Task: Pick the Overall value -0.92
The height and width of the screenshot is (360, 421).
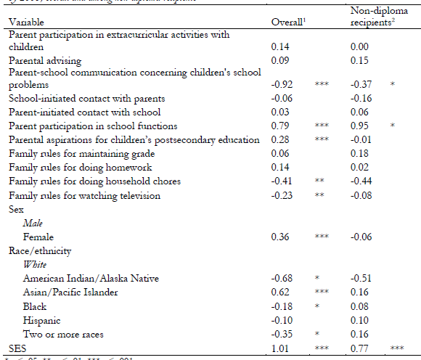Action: click(282, 84)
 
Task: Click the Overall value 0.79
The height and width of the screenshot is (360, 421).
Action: click(280, 126)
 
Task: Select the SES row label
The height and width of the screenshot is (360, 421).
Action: click(17, 347)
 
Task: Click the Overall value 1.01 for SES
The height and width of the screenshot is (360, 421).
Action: click(280, 347)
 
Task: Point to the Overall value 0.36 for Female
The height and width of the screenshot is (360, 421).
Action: click(280, 237)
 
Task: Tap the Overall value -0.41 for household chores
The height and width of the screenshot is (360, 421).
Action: click(282, 181)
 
